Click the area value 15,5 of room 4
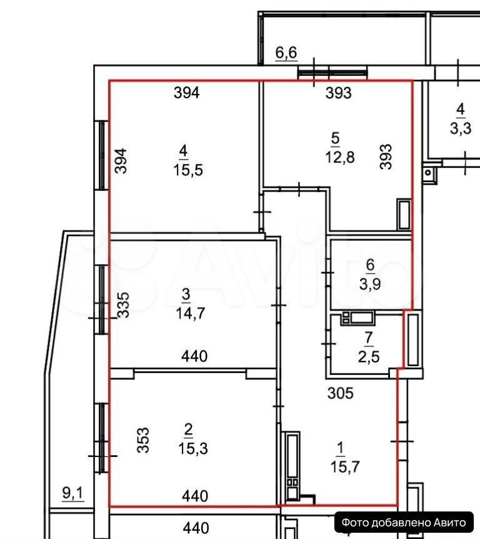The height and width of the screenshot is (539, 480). coord(188,170)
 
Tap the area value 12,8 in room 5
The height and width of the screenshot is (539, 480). coord(339,157)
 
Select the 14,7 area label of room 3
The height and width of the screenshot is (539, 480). coord(190,313)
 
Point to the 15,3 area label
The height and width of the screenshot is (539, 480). coord(193,448)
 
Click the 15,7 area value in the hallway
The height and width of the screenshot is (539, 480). coord(345,467)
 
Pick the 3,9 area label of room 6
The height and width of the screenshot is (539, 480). coord(370,284)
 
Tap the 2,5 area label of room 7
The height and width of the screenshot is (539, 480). coord(369,357)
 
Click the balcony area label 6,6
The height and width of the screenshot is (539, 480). coord(286,53)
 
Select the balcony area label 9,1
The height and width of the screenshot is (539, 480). coord(72,493)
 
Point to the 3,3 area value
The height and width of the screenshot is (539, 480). coord(461,128)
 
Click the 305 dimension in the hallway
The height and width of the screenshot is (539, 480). coord(340,393)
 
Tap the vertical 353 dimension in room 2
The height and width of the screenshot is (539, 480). coord(142,440)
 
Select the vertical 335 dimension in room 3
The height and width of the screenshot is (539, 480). coord(123,305)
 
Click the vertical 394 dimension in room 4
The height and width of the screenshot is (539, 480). coord(121,161)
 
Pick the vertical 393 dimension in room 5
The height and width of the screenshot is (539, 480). coord(386,157)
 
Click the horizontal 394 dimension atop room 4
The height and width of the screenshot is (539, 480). coord(186,93)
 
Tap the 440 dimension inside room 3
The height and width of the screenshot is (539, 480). coord(194,356)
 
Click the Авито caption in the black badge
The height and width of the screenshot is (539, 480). coord(449,523)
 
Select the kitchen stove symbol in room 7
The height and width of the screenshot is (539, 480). coord(357,318)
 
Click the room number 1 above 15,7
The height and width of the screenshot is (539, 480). coord(340,448)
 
